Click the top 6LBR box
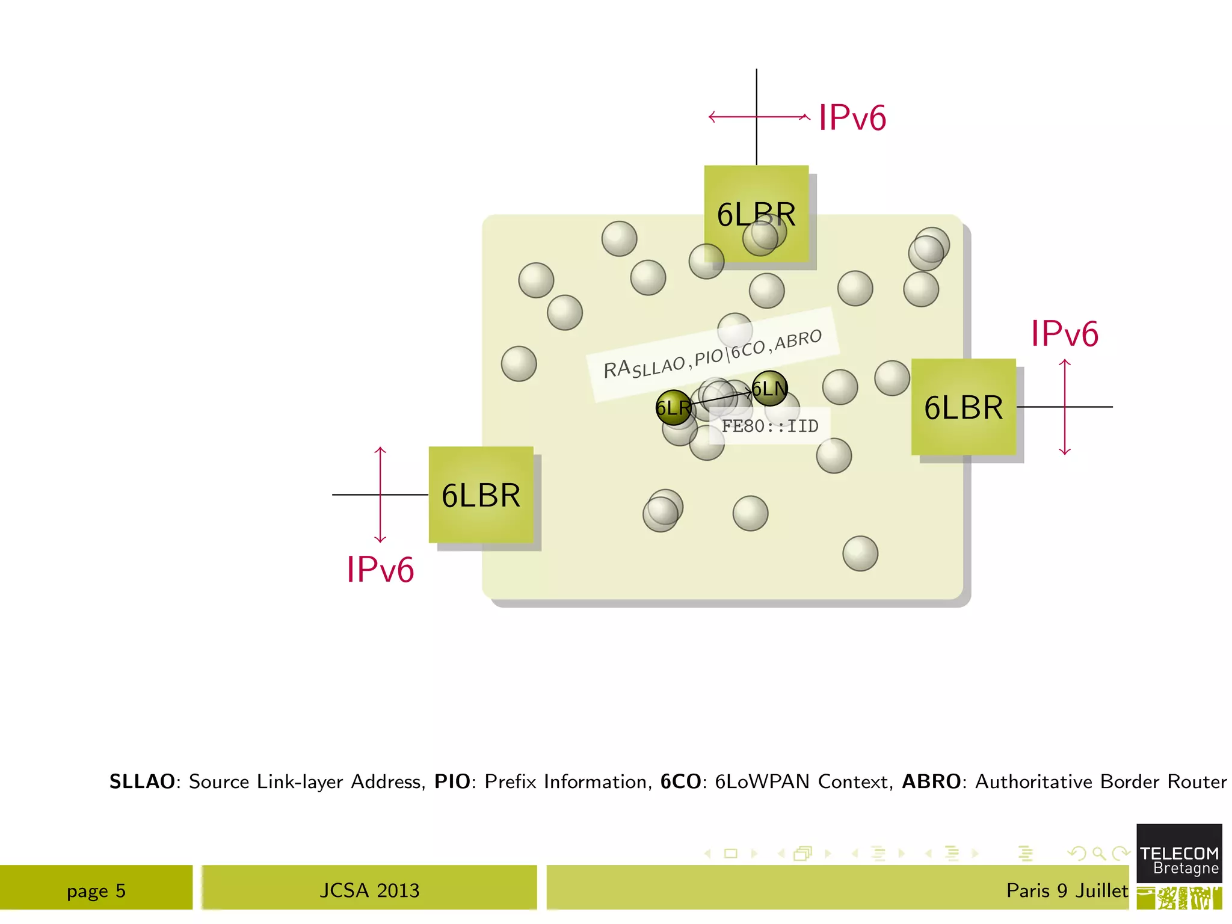[756, 214]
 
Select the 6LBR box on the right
[963, 407]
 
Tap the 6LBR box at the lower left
[481, 495]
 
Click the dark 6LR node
[673, 408]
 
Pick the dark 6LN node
[769, 389]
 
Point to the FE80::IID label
[770, 426]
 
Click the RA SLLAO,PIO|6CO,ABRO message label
[712, 354]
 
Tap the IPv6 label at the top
[852, 117]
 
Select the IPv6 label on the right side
[1064, 333]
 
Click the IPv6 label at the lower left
[380, 569]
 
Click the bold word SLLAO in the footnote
[142, 781]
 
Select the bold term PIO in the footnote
[452, 781]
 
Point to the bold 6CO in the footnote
[680, 781]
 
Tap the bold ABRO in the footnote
[931, 781]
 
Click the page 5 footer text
[96, 890]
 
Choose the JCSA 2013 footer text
[369, 890]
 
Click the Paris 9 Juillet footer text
[1067, 890]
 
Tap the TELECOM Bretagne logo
[1179, 860]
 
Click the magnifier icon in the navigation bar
[1099, 853]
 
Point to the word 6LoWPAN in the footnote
[762, 781]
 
